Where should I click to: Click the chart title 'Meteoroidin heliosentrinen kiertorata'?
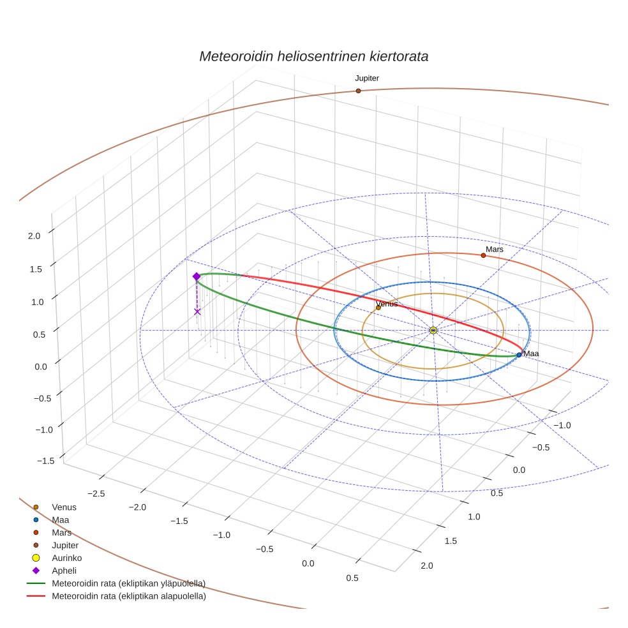click(x=313, y=56)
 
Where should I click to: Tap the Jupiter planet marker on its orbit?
click(x=358, y=91)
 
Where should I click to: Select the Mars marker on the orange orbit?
click(x=483, y=255)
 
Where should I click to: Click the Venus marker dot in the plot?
click(x=378, y=308)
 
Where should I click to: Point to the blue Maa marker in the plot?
click(x=519, y=355)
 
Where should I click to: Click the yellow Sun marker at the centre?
click(x=433, y=330)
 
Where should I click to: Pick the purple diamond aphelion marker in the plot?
click(x=197, y=276)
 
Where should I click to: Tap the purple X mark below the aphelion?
click(x=197, y=311)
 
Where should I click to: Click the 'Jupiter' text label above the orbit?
click(x=367, y=78)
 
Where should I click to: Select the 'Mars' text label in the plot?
click(x=495, y=250)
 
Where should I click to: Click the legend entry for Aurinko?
click(x=67, y=558)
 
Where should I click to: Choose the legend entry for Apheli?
click(x=64, y=571)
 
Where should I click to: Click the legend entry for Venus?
click(x=64, y=507)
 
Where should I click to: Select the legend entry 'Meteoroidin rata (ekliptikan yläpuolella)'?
click(x=128, y=583)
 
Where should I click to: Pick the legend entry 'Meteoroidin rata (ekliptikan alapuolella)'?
click(x=128, y=596)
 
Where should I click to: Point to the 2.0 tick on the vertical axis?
click(x=34, y=235)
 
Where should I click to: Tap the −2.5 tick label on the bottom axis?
click(x=96, y=494)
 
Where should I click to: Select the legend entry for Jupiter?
click(x=65, y=545)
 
